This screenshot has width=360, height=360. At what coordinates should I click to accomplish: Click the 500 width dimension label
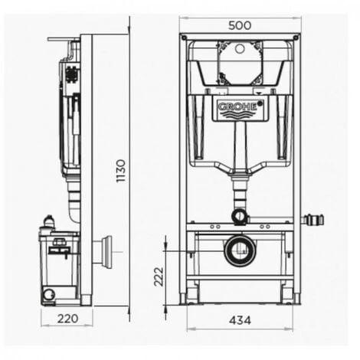(241, 24)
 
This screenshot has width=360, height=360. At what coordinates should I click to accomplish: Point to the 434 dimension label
(239, 319)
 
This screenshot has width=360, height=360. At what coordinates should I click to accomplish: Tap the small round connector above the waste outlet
(240, 216)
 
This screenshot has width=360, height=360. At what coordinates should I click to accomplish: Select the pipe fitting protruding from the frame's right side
(313, 220)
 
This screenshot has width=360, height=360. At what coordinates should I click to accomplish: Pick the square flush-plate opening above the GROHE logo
(240, 63)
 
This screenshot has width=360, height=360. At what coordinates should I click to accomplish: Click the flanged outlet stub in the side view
(104, 251)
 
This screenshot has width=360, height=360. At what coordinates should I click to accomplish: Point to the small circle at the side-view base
(50, 293)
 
